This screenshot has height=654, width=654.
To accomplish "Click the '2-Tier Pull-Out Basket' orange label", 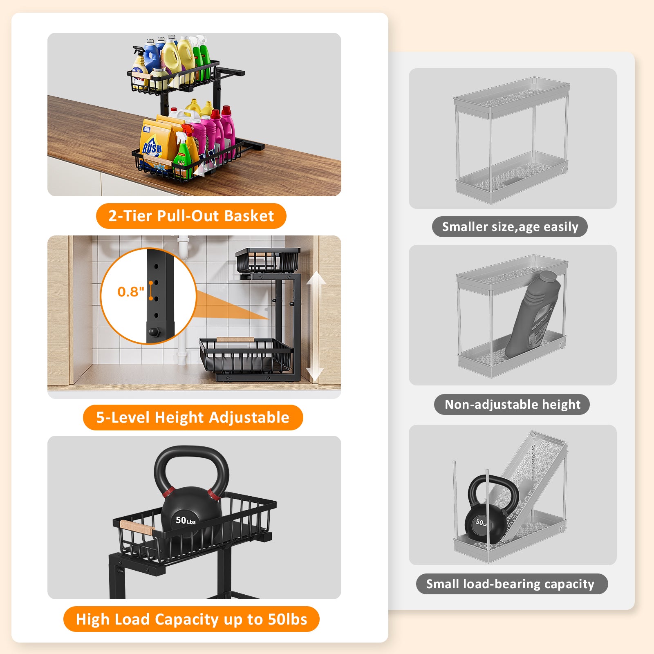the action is (x=191, y=216).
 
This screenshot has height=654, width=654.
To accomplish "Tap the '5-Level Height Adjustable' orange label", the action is (x=193, y=417).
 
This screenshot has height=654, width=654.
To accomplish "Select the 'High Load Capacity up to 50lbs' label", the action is (x=191, y=619).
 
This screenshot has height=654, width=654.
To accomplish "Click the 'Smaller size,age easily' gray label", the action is (x=510, y=226).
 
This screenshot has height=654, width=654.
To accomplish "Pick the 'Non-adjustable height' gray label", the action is (x=512, y=404).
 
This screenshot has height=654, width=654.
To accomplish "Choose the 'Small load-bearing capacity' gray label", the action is (x=512, y=584).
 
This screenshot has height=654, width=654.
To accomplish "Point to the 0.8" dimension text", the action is (x=131, y=292).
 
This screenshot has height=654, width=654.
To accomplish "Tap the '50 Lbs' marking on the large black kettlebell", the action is (x=186, y=520).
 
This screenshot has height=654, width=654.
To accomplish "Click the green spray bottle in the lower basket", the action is (x=183, y=155).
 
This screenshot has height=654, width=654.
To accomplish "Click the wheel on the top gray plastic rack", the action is (x=564, y=169).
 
